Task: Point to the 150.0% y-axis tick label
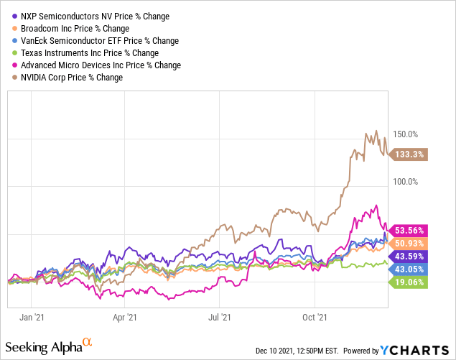pos(404,134)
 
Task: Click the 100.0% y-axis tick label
pos(404,181)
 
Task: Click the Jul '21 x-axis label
pos(220,316)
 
